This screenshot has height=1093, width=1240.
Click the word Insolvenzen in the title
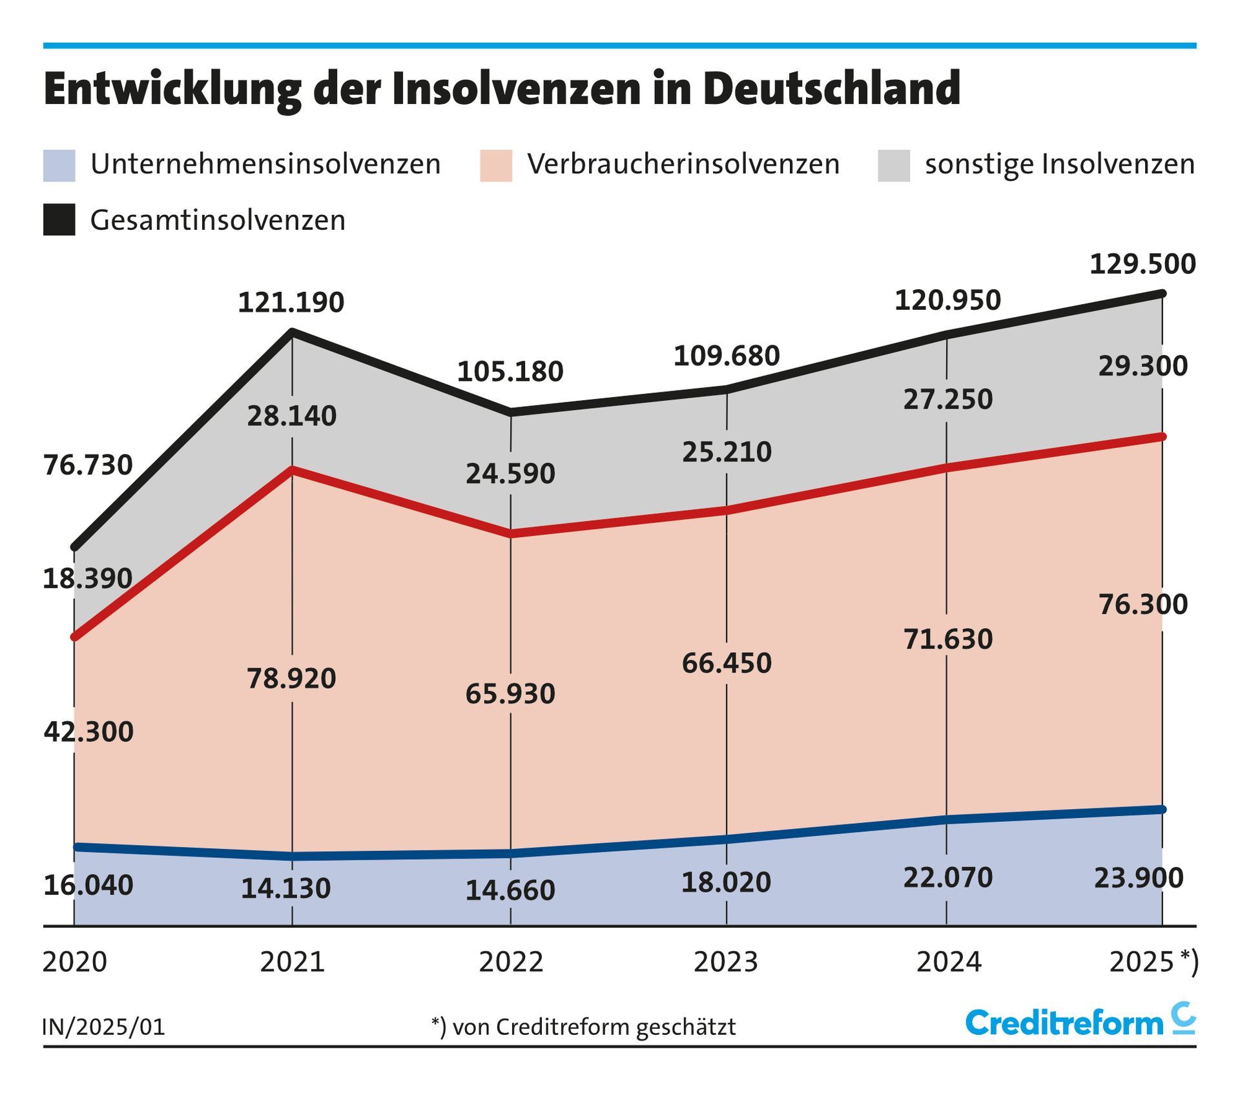tap(516, 89)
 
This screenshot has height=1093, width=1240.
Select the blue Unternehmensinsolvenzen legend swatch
tap(59, 165)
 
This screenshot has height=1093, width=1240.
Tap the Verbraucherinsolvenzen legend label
tap(683, 164)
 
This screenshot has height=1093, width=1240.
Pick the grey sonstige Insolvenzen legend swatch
tap(894, 165)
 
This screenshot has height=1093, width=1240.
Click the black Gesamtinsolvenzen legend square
tap(59, 220)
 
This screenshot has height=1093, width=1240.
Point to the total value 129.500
tap(1142, 265)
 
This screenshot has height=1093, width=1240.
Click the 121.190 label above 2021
tap(291, 303)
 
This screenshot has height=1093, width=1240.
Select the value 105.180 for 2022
tap(510, 372)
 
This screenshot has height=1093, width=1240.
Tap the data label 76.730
tap(88, 465)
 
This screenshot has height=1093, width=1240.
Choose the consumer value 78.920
tap(291, 679)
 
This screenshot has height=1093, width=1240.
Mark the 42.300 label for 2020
tap(88, 732)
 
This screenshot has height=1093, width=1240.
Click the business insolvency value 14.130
tap(285, 889)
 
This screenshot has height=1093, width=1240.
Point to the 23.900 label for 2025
tap(1139, 878)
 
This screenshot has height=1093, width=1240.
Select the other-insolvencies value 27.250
tap(947, 400)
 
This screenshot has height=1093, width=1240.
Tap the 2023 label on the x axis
tap(726, 962)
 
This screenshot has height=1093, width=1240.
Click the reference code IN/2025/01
tap(104, 1027)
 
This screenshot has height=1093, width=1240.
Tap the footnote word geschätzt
tap(686, 1027)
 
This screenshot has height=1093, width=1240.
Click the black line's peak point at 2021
tap(293, 332)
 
